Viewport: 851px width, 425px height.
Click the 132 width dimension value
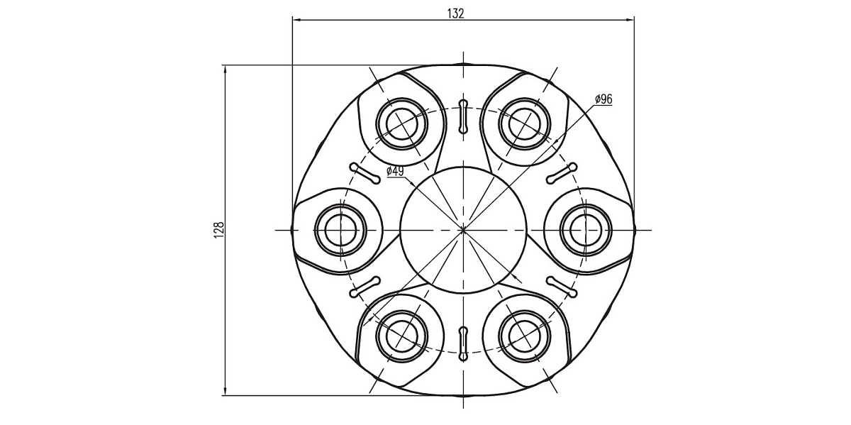click(456, 13)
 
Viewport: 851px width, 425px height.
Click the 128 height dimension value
click(218, 228)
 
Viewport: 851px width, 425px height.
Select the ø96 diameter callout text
click(604, 99)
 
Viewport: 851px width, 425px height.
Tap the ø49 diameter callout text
click(395, 171)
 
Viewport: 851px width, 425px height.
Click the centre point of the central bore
click(463, 229)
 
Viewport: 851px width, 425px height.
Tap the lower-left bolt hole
click(403, 334)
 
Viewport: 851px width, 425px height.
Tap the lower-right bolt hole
click(523, 334)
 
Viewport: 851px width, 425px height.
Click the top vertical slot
click(463, 116)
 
